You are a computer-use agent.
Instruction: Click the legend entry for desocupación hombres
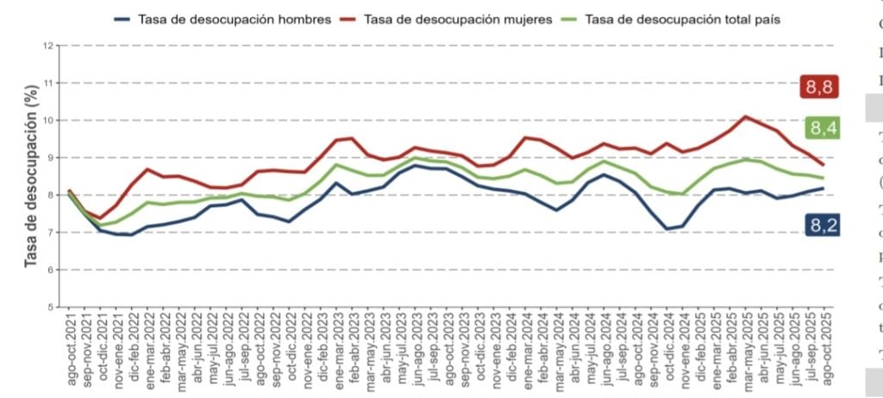(233, 19)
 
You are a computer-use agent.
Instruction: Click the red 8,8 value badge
(820, 87)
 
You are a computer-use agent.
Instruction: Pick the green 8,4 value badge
(820, 129)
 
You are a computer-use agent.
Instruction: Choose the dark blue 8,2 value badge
(820, 225)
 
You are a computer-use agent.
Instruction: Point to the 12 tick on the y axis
(49, 46)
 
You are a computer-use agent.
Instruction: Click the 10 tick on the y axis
(49, 121)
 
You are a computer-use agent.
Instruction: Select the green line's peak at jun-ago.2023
(415, 158)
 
